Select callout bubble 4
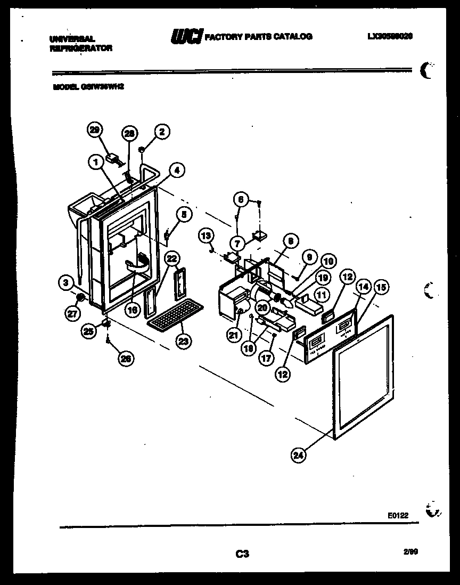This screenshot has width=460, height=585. coord(177,170)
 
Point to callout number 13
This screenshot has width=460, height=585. coord(206,235)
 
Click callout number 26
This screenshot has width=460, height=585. coord(126,359)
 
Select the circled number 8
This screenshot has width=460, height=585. coord(290,241)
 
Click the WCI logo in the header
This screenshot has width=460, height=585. coord(186,36)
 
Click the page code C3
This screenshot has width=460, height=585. coord(242,554)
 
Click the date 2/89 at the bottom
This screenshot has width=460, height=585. coord(410,552)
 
